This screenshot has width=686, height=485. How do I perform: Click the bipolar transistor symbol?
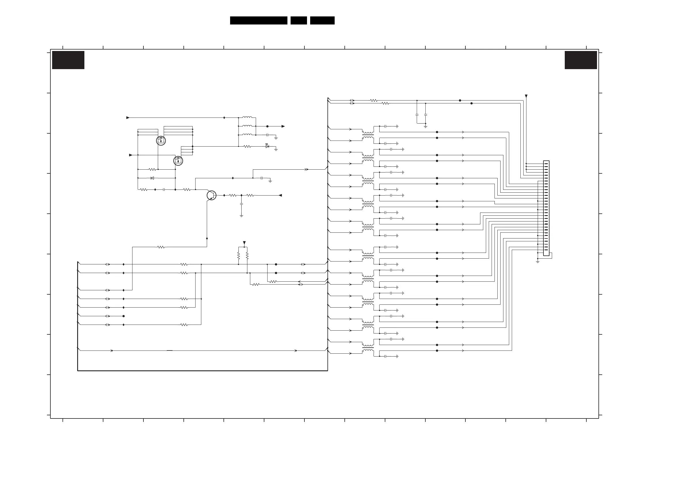tap(211, 196)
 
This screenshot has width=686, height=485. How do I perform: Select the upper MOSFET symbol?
tap(161, 141)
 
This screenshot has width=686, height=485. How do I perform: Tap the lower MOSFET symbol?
tap(178, 161)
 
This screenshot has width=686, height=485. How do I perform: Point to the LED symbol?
tap(267, 146)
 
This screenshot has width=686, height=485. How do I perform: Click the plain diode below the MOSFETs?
tap(152, 178)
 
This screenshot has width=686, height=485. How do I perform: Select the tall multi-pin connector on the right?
tap(546, 208)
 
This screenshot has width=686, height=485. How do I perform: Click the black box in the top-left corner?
tap(68, 60)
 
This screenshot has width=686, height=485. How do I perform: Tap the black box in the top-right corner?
tap(581, 60)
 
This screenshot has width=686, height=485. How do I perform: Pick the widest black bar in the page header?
tap(258, 20)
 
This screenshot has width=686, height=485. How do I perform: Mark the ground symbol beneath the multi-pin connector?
tap(537, 262)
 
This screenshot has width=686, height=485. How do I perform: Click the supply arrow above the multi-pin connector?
tap(526, 96)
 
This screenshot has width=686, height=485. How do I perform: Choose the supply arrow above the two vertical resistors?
tap(244, 243)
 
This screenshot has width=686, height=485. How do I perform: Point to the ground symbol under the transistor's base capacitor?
tap(241, 215)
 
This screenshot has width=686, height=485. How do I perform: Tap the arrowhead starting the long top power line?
tap(128, 118)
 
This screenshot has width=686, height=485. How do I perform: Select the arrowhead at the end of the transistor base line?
tap(280, 196)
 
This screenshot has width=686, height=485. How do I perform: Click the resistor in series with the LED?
tap(247, 146)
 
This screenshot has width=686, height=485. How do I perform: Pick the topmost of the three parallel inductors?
tap(247, 117)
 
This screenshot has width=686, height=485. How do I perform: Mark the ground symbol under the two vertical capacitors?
tap(425, 126)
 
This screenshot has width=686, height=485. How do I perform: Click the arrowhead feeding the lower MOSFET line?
tap(130, 155)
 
